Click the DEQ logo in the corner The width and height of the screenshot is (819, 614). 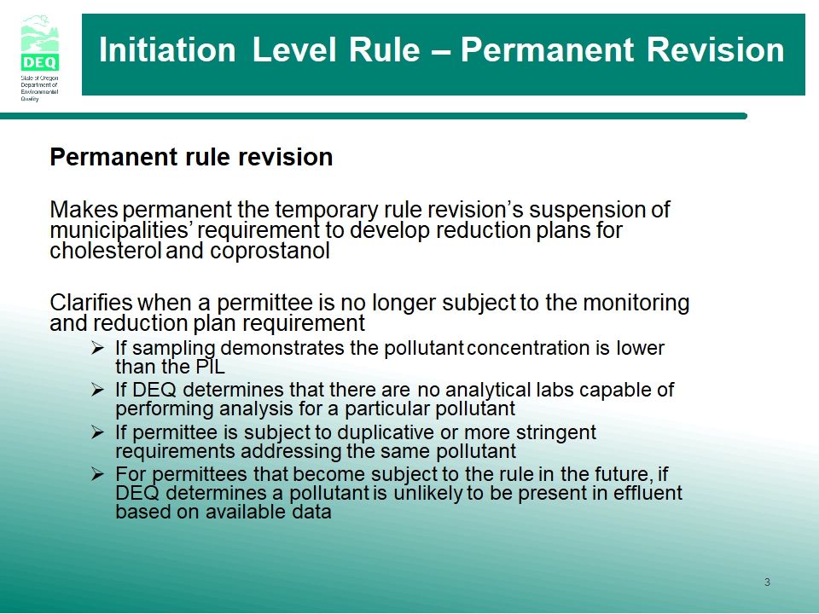[x=40, y=58]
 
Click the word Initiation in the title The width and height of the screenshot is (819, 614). [x=167, y=50]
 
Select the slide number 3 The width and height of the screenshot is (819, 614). [x=767, y=582]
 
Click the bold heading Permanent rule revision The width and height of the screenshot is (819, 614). [x=191, y=157]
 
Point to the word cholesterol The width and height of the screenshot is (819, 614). [x=105, y=251]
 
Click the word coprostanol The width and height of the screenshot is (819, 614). [x=270, y=251]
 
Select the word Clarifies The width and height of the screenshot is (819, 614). [x=91, y=302]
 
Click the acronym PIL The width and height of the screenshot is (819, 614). [x=210, y=367]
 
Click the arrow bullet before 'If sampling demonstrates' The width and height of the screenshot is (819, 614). [x=97, y=348]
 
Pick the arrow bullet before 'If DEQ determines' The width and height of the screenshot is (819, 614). [x=97, y=390]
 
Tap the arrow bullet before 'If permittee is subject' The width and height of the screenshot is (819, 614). [x=97, y=432]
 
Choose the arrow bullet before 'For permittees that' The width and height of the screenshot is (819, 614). [x=97, y=474]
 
